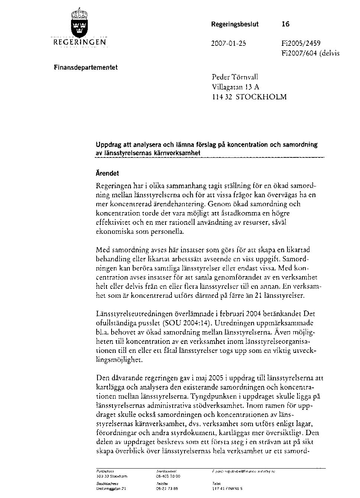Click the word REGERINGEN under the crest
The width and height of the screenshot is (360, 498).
(79, 42)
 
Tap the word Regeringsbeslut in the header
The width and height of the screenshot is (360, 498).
(235, 25)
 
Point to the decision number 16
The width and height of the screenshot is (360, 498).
(285, 25)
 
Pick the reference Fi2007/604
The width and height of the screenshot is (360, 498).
(297, 53)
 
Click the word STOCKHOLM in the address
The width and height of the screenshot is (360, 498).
(262, 97)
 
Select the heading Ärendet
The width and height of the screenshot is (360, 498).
(108, 173)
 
